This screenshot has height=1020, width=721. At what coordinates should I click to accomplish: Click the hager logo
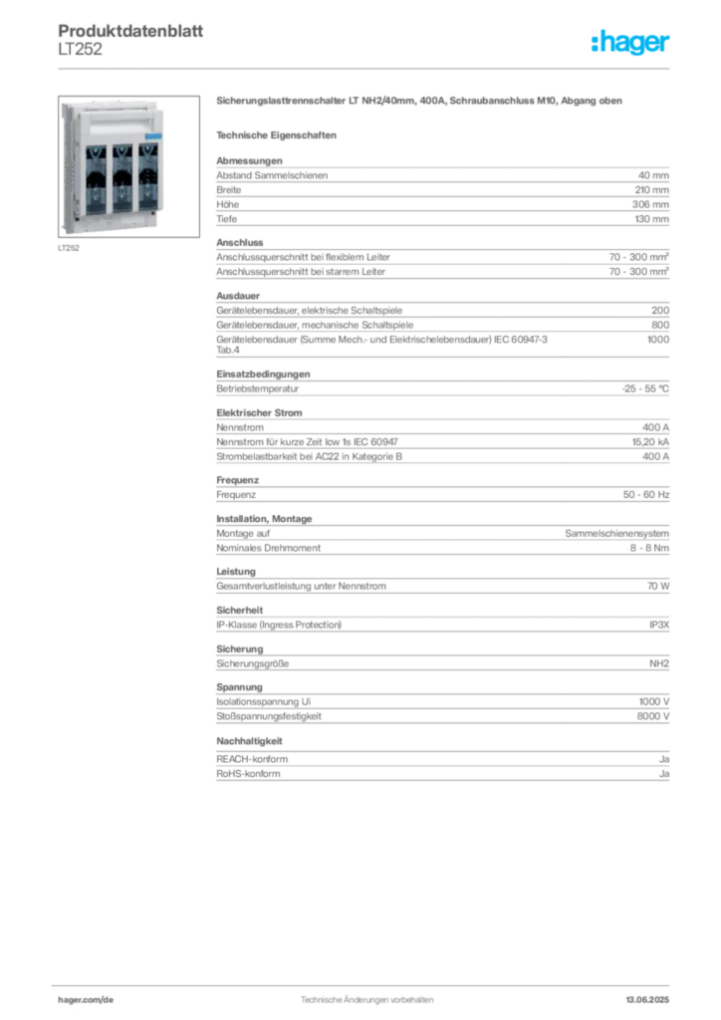(629, 42)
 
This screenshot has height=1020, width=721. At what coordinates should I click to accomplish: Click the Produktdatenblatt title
(130, 31)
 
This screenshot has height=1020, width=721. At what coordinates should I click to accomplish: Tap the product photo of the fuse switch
(128, 166)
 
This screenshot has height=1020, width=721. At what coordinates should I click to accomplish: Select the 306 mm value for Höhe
(650, 204)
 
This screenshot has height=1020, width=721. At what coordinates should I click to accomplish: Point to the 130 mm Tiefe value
(651, 219)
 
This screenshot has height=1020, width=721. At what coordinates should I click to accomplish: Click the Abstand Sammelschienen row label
(272, 175)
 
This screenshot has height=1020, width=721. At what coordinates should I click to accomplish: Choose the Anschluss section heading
(240, 243)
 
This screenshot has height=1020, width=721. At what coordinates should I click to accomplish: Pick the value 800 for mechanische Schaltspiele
(660, 325)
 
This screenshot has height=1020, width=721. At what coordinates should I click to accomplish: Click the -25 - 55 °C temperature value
(645, 388)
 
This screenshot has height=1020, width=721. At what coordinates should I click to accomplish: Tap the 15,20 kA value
(650, 441)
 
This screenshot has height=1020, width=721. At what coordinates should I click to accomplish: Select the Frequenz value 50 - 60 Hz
(645, 494)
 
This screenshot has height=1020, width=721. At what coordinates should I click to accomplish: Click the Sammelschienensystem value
(616, 534)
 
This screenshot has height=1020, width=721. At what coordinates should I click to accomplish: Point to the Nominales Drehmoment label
(269, 548)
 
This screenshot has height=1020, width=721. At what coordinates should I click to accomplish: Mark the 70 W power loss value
(658, 586)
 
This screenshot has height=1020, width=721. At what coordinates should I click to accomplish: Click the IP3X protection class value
(658, 625)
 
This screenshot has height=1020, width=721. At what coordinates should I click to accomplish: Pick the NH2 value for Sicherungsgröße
(658, 663)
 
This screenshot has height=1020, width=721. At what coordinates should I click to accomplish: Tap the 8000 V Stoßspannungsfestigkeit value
(652, 716)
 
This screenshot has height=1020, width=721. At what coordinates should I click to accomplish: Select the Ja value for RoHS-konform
(664, 774)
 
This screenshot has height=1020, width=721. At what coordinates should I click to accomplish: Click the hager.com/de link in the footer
(86, 1000)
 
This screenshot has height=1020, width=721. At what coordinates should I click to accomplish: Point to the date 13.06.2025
(647, 1000)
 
